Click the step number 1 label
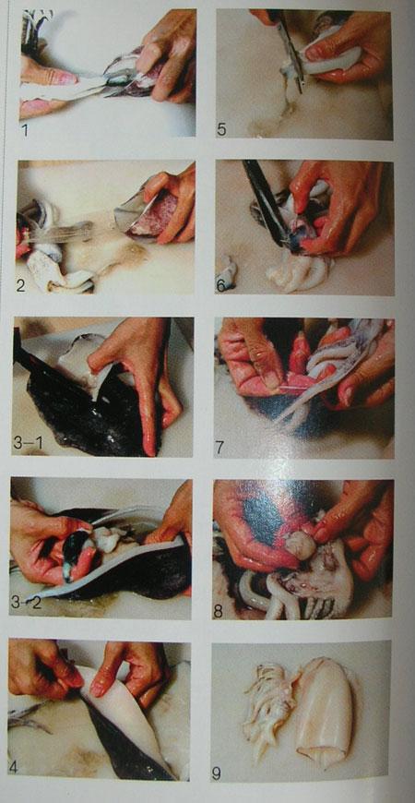point(25,129)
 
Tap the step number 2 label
point(20,284)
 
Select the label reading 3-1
point(29,442)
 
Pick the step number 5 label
point(221,129)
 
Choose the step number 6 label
point(221,284)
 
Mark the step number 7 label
point(219,447)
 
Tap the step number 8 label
point(219,611)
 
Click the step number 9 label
point(217,773)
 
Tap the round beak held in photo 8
point(301,545)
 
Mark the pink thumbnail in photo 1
point(65,78)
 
